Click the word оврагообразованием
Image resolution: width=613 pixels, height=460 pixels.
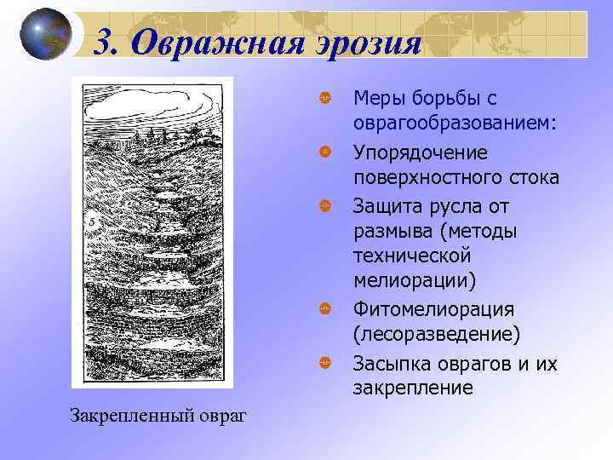tap(455, 124)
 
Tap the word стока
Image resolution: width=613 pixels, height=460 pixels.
tap(530, 178)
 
